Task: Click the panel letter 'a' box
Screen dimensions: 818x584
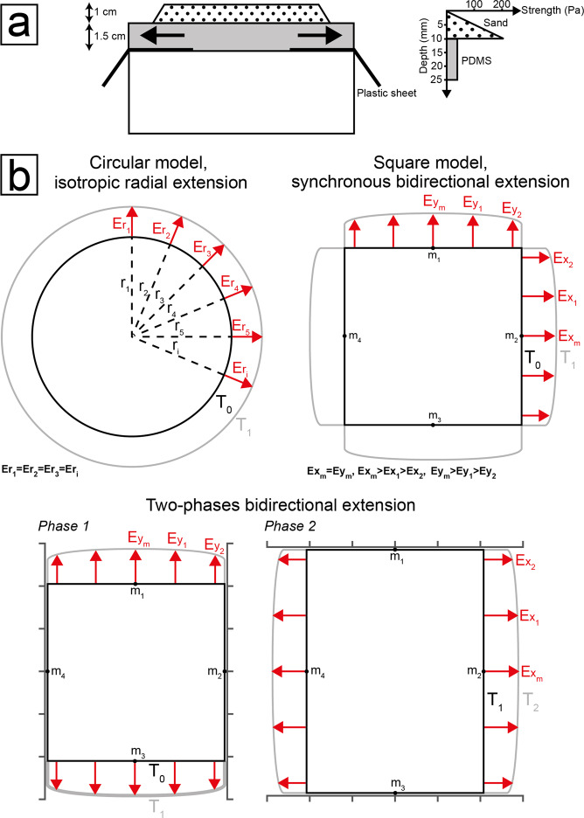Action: (26, 22)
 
